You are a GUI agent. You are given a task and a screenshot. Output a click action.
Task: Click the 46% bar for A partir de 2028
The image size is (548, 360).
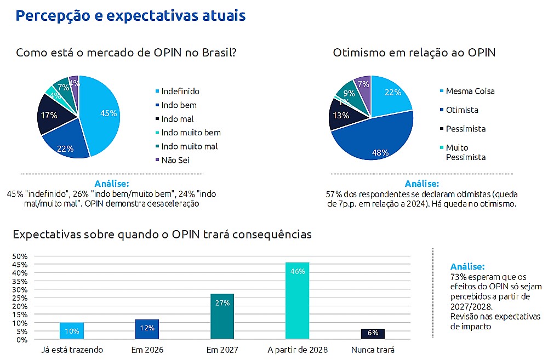click(297, 301)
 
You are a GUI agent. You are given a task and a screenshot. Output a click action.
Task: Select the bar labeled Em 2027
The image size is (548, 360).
click(222, 316)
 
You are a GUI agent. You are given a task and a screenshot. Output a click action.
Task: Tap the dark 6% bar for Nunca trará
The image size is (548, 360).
click(373, 334)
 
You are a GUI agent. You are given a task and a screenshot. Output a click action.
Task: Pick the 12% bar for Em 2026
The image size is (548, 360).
click(147, 329)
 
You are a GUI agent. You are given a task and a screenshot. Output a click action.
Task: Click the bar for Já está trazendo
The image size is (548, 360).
click(72, 330)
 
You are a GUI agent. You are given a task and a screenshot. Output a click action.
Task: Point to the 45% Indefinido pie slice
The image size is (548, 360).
click(101, 113)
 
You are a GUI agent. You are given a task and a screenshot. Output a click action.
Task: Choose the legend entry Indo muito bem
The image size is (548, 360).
click(188, 133)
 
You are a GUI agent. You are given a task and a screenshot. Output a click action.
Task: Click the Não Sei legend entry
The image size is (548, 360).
click(172, 160)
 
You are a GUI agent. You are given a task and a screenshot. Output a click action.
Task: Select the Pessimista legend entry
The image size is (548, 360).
click(463, 129)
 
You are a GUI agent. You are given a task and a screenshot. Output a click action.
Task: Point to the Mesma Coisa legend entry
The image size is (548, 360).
click(467, 91)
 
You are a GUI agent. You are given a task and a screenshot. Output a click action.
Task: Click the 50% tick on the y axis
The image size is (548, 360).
click(20, 256)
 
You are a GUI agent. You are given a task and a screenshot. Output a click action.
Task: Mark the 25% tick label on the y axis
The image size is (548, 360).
click(20, 298)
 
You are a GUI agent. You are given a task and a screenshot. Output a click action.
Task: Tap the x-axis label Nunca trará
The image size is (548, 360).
click(373, 350)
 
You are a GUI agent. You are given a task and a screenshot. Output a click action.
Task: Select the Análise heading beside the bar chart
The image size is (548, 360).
click(467, 266)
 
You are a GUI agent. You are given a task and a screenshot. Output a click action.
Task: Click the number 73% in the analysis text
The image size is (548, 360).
click(458, 277)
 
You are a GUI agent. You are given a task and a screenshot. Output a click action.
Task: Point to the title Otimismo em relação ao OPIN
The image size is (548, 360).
click(414, 53)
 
